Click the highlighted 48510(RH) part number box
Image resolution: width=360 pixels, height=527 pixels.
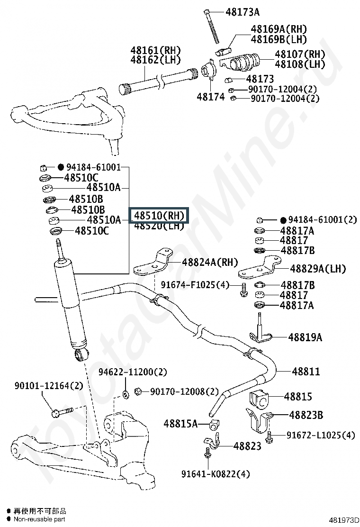(159, 215)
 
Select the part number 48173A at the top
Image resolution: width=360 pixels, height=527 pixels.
(243, 12)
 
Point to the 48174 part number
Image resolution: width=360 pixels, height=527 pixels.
(210, 97)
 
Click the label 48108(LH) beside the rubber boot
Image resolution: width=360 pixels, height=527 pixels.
(300, 64)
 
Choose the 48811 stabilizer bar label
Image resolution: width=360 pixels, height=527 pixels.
(306, 372)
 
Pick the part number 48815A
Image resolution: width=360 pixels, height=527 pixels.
(180, 423)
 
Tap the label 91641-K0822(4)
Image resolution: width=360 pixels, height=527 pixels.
(216, 474)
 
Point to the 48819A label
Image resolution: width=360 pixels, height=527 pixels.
(305, 337)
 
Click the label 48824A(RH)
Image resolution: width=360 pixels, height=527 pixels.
(203, 263)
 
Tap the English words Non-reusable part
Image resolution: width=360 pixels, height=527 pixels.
(39, 519)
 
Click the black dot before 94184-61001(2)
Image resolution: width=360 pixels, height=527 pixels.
(283, 220)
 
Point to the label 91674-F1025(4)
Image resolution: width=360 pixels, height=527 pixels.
(195, 284)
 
